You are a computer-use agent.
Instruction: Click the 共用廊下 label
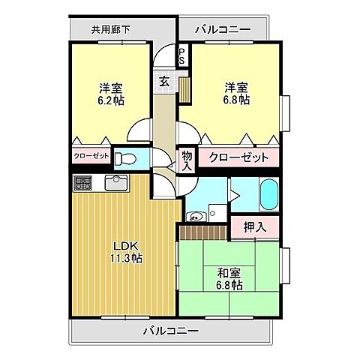(x=110, y=30)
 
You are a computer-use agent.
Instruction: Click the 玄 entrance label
(x=163, y=81)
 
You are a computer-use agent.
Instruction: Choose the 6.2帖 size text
(x=109, y=100)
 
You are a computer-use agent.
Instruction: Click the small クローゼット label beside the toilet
(x=91, y=157)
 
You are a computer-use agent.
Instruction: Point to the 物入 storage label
(x=187, y=160)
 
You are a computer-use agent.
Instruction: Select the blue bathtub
(x=268, y=196)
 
